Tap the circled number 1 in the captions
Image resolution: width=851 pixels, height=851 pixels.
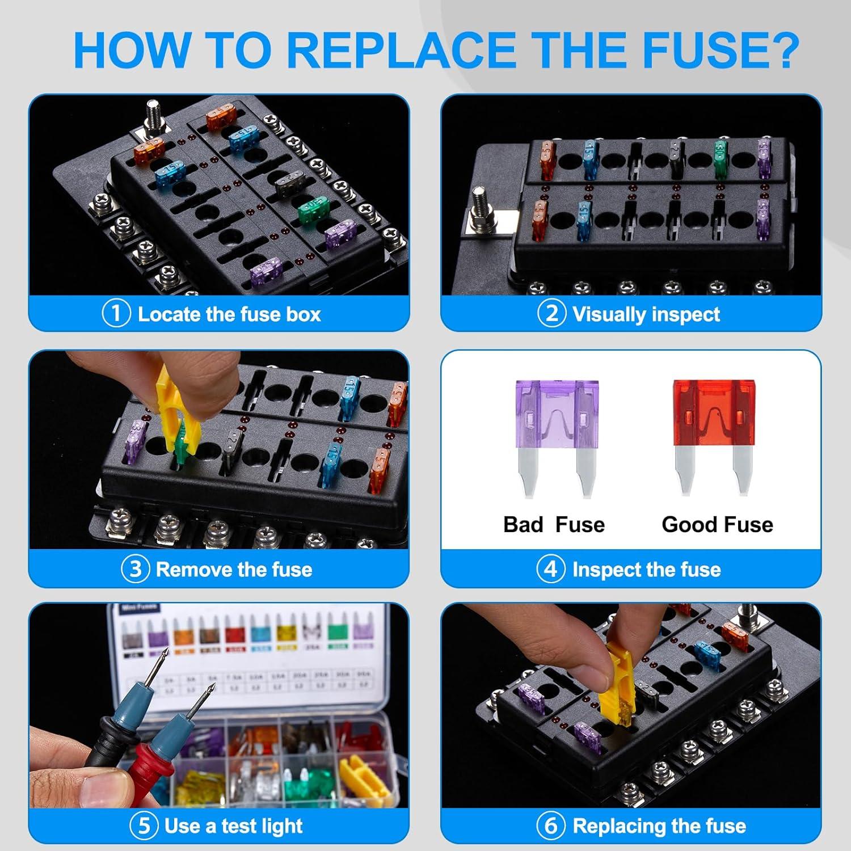click(116, 314)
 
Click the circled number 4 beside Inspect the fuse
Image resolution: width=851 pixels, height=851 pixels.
click(551, 569)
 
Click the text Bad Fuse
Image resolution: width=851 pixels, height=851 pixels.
click(554, 525)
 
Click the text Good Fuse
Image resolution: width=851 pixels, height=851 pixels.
click(717, 525)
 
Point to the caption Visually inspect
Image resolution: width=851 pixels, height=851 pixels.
click(646, 314)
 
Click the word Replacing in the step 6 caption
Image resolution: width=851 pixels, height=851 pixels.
click(612, 826)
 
